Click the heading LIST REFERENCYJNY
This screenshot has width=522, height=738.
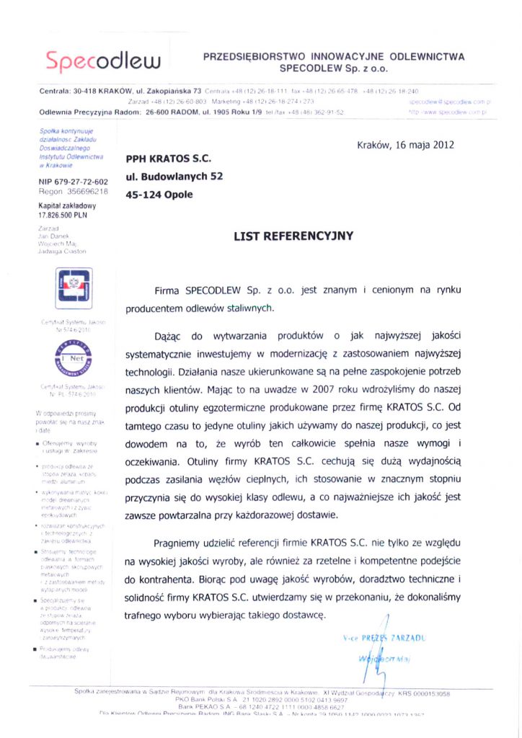coord(293,235)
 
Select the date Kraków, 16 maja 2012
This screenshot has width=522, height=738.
coord(405,144)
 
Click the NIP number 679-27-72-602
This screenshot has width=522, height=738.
coord(73,182)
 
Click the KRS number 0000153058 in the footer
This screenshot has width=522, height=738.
coord(425,693)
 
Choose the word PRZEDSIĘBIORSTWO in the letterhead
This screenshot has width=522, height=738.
coord(255,55)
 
